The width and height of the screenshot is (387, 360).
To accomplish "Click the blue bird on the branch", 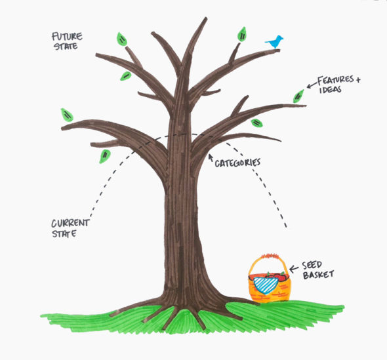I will (x=275, y=41).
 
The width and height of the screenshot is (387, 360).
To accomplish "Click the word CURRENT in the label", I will (x=70, y=223).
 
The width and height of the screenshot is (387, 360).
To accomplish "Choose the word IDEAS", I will (x=331, y=89).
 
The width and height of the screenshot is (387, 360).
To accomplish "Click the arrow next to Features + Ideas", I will (x=310, y=85).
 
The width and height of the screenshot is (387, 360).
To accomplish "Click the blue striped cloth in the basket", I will (x=265, y=284).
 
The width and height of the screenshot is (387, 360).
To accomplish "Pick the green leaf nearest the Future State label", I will (x=122, y=39).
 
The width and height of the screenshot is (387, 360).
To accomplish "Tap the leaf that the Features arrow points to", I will (x=299, y=97).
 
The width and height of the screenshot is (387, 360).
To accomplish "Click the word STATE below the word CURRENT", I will (x=64, y=233).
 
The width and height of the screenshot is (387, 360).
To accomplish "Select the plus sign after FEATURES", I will (x=358, y=81).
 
